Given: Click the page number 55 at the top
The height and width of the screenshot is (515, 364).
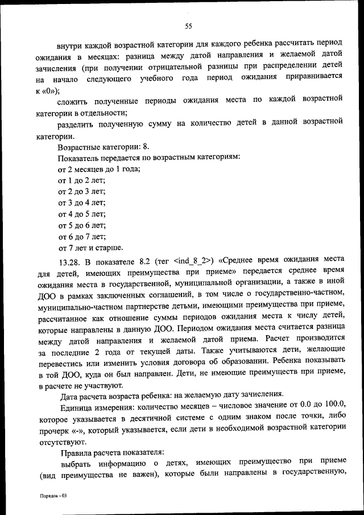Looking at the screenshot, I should [x=189, y=26].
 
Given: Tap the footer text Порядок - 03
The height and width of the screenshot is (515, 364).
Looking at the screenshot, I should [x=53, y=496].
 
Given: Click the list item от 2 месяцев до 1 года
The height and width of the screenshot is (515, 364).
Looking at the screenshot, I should [x=99, y=170].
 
